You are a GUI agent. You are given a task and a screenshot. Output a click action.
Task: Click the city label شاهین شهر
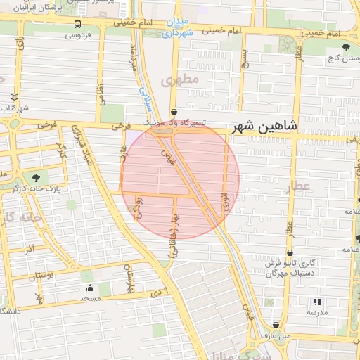tap(268, 126)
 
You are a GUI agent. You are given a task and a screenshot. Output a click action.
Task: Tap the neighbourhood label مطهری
tap(180, 80)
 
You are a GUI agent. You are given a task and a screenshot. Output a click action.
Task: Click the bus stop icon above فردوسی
tap(77, 23)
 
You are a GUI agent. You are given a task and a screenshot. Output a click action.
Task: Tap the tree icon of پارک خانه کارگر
tap(36, 178)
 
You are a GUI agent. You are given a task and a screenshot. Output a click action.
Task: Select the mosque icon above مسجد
tap(89, 288)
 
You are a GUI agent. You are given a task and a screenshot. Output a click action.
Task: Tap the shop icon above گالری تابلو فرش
tap(290, 252)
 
